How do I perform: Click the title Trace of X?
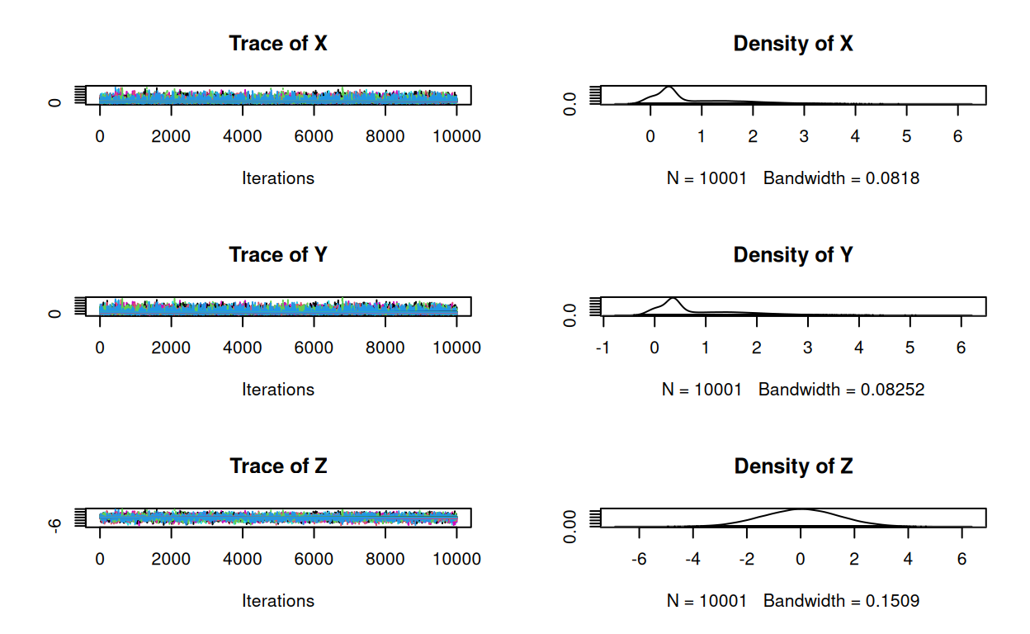pos(277,44)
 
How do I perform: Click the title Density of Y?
pos(792,255)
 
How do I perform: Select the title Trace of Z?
pos(277,466)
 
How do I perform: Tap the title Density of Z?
pos(792,466)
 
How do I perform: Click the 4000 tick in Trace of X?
pos(243,136)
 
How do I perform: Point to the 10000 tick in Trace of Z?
pos(456,559)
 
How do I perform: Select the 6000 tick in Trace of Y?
pos(314,348)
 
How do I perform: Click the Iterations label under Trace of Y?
pos(277,389)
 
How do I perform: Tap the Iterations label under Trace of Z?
pos(277,600)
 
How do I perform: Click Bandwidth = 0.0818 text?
pos(841,177)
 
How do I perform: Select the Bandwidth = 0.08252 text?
pos(841,389)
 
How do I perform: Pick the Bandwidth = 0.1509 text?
pos(841,600)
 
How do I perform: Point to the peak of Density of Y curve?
pos(673,298)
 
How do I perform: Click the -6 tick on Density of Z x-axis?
pos(638,559)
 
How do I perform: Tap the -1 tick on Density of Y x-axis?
pos(603,348)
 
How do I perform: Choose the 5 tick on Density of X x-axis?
pos(906,136)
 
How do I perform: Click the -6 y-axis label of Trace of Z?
pos(54,525)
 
